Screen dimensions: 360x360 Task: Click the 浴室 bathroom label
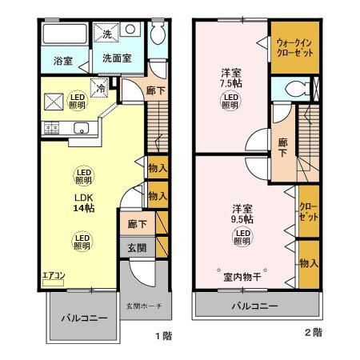pyautogui.click(x=63, y=60)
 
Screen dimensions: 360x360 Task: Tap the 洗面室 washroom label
pyautogui.click(x=116, y=59)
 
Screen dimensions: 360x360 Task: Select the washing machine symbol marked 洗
pyautogui.click(x=107, y=33)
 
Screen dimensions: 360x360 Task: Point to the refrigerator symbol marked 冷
pyautogui.click(x=101, y=89)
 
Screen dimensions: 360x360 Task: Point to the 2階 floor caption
pyautogui.click(x=313, y=331)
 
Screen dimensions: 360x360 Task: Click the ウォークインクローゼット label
pyautogui.click(x=294, y=46)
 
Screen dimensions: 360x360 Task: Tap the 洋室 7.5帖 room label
pyautogui.click(x=231, y=81)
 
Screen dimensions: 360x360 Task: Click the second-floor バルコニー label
pyautogui.click(x=255, y=306)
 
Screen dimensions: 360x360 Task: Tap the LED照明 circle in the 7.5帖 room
pyautogui.click(x=230, y=102)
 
